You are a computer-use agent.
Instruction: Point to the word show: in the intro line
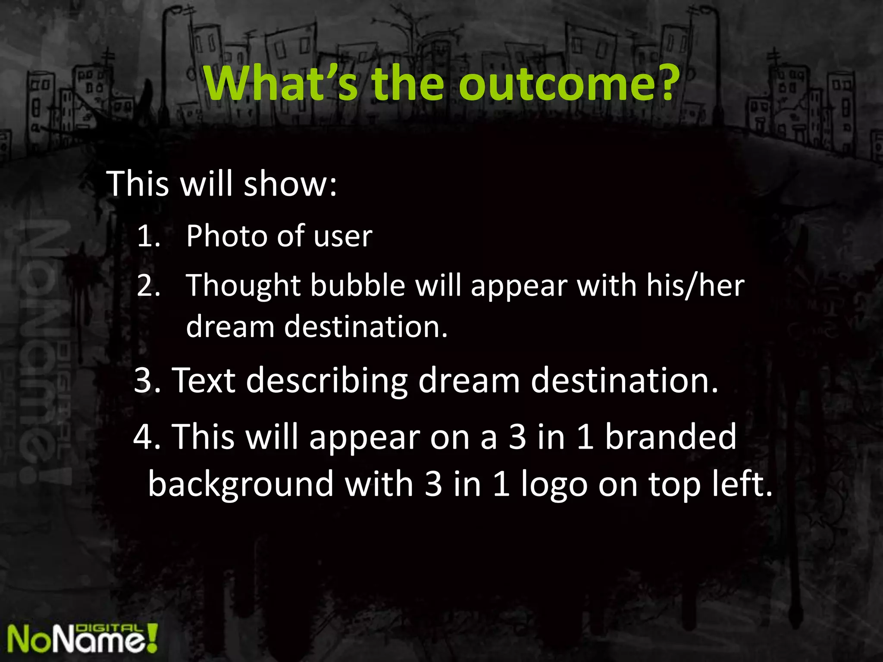pyautogui.click(x=290, y=184)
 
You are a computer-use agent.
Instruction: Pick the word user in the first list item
pyautogui.click(x=343, y=237)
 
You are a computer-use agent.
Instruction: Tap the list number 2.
pyautogui.click(x=149, y=285)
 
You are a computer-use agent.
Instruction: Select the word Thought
pyautogui.click(x=243, y=286)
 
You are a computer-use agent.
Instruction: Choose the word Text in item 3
pyautogui.click(x=204, y=380)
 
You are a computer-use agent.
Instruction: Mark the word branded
pyautogui.click(x=670, y=436)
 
